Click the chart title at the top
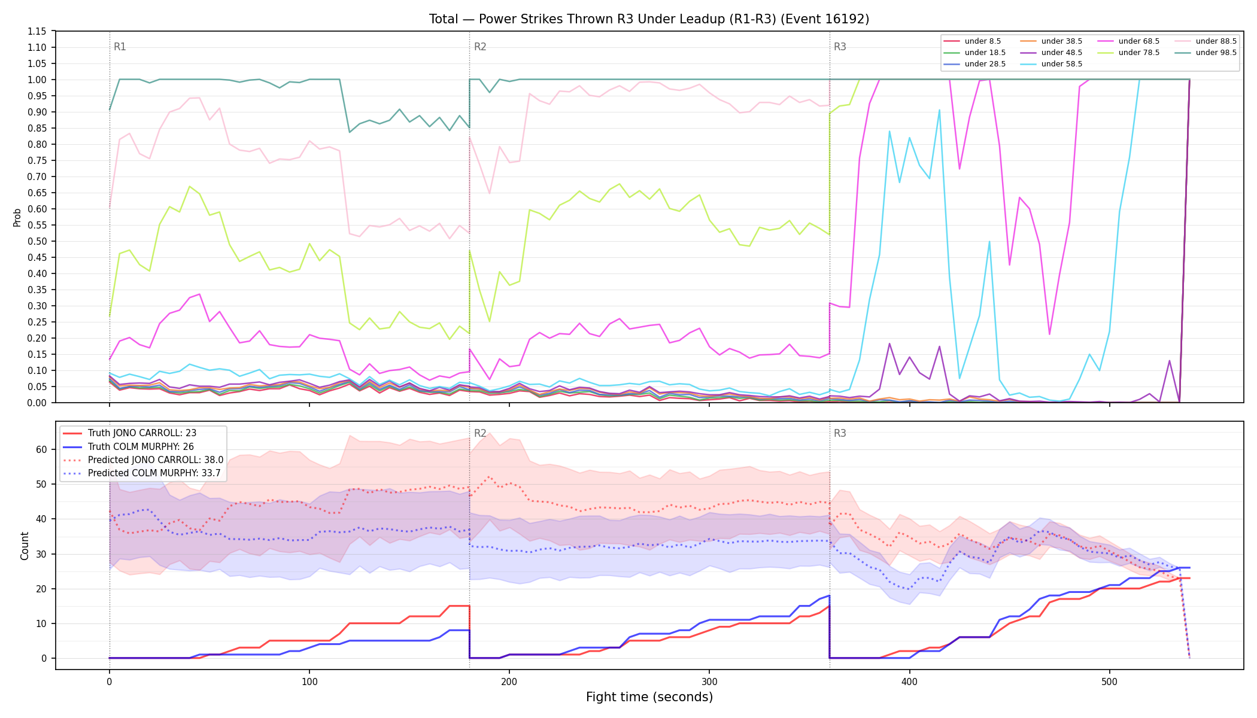649,19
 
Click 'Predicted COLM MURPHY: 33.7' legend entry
142,473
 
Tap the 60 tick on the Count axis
41,449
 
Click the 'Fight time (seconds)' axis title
649,697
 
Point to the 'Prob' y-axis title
17,217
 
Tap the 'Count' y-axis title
25,546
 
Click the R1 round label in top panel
120,47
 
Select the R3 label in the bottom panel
840,433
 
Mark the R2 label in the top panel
480,47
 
